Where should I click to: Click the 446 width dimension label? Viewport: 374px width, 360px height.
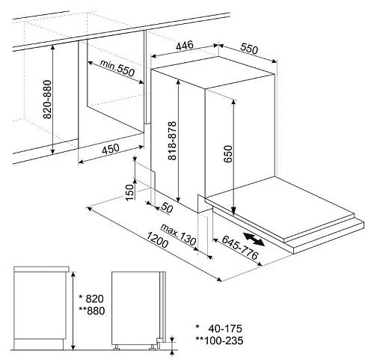[x=185, y=46]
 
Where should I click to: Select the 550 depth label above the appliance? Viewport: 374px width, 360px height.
[x=249, y=49]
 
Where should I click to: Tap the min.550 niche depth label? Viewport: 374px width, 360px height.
[x=117, y=68]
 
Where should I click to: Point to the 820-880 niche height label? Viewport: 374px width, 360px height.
[x=47, y=100]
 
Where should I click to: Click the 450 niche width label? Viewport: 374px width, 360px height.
[x=111, y=149]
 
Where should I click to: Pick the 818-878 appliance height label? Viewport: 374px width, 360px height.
[x=172, y=141]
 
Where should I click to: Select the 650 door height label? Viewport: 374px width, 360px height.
[x=227, y=154]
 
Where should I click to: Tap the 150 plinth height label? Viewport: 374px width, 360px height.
[x=129, y=192]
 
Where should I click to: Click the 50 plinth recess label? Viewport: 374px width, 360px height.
[x=167, y=208]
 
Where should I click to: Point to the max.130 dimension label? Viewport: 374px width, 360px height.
[x=178, y=234]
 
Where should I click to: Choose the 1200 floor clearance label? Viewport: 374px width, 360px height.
[x=157, y=240]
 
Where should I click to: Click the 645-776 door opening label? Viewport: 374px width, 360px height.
[x=239, y=248]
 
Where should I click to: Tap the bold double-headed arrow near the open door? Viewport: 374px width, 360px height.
[x=254, y=240]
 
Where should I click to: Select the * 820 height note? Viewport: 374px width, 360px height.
[x=91, y=299]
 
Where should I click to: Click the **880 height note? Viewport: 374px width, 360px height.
[x=92, y=311]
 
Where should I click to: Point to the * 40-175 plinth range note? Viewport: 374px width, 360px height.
[x=218, y=329]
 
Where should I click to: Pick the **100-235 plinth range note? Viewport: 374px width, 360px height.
[x=219, y=341]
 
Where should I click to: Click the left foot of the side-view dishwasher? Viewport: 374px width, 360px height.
[x=116, y=348]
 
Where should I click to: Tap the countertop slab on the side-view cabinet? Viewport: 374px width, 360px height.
[x=41, y=269]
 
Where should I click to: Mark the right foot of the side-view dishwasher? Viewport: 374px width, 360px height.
[x=153, y=348]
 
